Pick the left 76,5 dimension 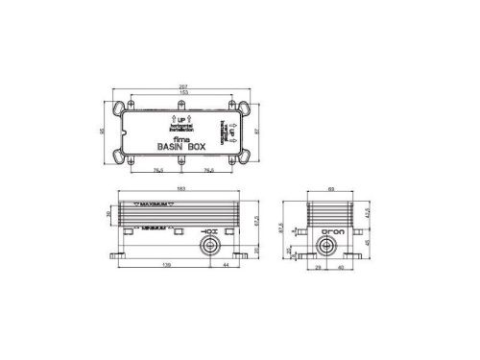[157, 173]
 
